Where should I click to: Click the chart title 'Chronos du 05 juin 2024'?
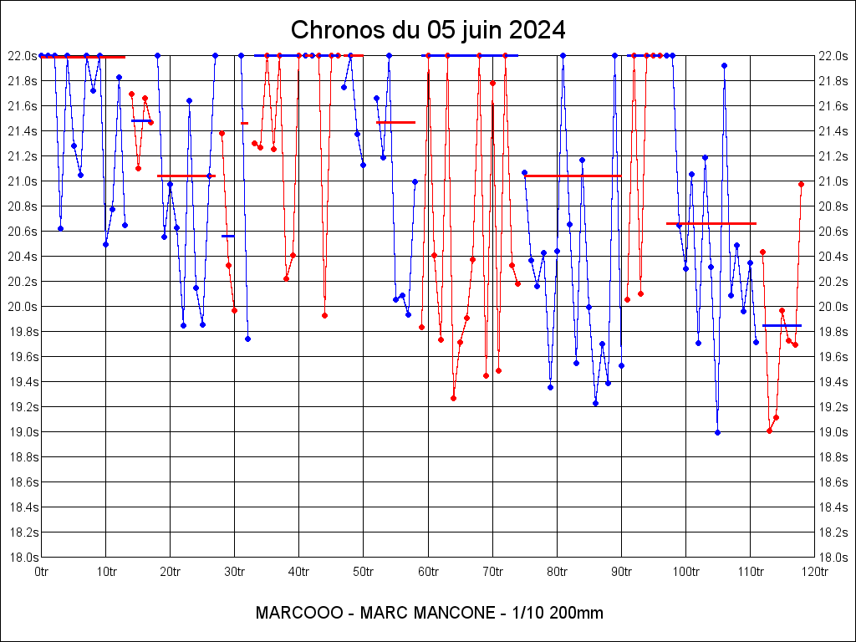pyautogui.click(x=428, y=30)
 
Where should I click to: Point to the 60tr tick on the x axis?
pyautogui.click(x=428, y=572)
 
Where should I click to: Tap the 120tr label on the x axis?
pyautogui.click(x=814, y=572)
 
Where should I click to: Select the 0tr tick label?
pyautogui.click(x=42, y=572)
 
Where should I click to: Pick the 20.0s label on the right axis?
pyautogui.click(x=833, y=307)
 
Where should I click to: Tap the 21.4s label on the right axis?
pyautogui.click(x=833, y=131)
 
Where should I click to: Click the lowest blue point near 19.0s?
pyautogui.click(x=717, y=432)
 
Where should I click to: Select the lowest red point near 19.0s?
pyautogui.click(x=769, y=431)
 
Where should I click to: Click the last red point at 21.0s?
pyautogui.click(x=801, y=184)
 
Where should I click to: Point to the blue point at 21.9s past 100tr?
pyautogui.click(x=724, y=65)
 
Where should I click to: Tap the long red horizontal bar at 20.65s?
pyautogui.click(x=711, y=223)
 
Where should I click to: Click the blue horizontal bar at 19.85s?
pyautogui.click(x=782, y=325)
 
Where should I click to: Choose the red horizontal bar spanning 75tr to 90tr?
pyautogui.click(x=573, y=176)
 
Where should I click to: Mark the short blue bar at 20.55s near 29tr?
pyautogui.click(x=227, y=236)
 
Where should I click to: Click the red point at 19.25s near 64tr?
pyautogui.click(x=453, y=398)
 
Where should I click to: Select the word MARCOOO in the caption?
pyautogui.click(x=298, y=613)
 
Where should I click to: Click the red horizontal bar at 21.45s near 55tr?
pyautogui.click(x=395, y=122)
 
